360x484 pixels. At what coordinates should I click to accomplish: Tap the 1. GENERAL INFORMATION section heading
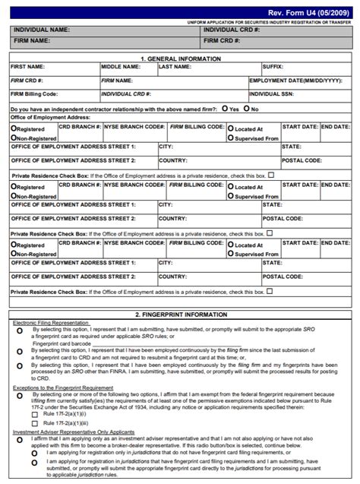coord(179,59)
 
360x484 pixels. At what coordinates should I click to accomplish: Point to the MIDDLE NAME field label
coord(121,67)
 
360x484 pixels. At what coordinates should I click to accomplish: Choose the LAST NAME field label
coord(175,67)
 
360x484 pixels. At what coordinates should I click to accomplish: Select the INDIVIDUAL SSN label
coord(275,94)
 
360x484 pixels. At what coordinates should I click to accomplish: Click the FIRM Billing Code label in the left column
coord(34,94)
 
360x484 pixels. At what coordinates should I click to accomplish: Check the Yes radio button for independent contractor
coord(226,109)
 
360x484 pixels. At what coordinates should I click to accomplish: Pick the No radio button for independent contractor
coord(246,109)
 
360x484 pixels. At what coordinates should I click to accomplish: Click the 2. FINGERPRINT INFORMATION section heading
coord(179,314)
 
